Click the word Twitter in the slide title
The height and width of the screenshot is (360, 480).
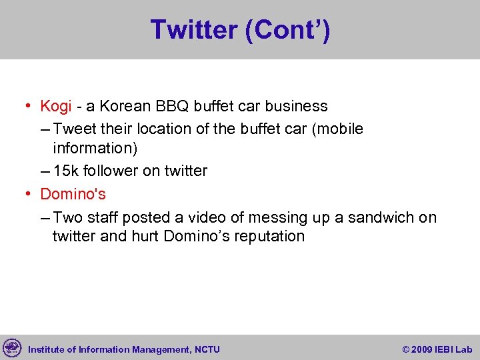pyautogui.click(x=193, y=30)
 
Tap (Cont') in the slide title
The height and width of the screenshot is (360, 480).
pyautogui.click(x=287, y=30)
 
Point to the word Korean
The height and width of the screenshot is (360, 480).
pyautogui.click(x=125, y=106)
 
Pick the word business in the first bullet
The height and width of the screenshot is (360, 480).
pyautogui.click(x=297, y=106)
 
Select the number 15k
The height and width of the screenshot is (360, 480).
pyautogui.click(x=65, y=171)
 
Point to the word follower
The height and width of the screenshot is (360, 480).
pyautogui.click(x=109, y=171)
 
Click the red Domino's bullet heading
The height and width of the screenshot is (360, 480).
pyautogui.click(x=73, y=194)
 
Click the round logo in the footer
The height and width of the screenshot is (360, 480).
pyautogui.click(x=12, y=347)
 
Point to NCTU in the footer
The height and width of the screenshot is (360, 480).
pyautogui.click(x=207, y=349)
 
